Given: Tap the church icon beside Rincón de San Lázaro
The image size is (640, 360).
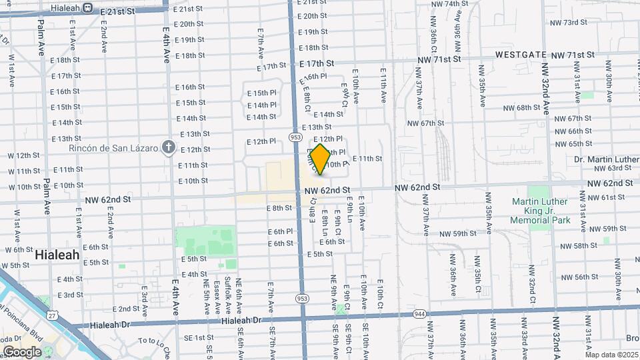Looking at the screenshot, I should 169,147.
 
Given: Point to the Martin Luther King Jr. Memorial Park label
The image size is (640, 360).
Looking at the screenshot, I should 541,211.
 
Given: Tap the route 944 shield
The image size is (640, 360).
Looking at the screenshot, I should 419,314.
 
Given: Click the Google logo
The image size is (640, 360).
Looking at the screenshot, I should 22,351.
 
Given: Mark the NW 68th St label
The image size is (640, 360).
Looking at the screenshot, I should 521,108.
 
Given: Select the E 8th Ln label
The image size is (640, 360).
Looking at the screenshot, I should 325,224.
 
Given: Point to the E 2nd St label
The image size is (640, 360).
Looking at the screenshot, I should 125,309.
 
